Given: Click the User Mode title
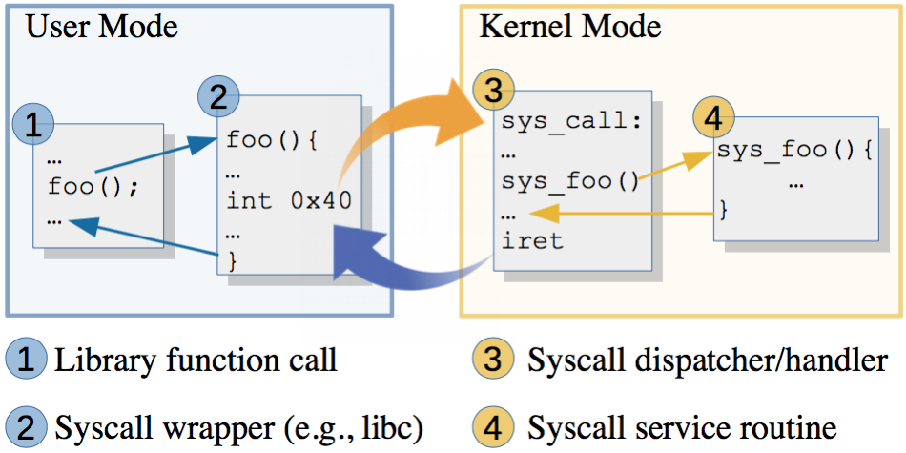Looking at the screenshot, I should click(101, 26).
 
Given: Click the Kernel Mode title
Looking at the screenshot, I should click(569, 26).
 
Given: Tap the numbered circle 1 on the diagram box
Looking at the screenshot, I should click(34, 124).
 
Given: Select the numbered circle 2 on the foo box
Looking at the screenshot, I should click(218, 96).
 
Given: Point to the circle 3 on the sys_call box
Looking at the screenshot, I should click(493, 92).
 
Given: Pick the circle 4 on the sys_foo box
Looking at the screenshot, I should click(714, 119).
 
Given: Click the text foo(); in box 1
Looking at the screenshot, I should click(93, 186).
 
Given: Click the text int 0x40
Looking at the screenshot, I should click(288, 200).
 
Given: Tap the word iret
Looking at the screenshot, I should click(532, 240).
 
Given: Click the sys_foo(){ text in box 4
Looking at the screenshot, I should click(794, 151).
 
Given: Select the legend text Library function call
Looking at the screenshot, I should click(195, 360).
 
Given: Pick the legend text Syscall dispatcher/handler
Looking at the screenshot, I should click(707, 360).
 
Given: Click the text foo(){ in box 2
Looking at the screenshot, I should click(271, 140).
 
